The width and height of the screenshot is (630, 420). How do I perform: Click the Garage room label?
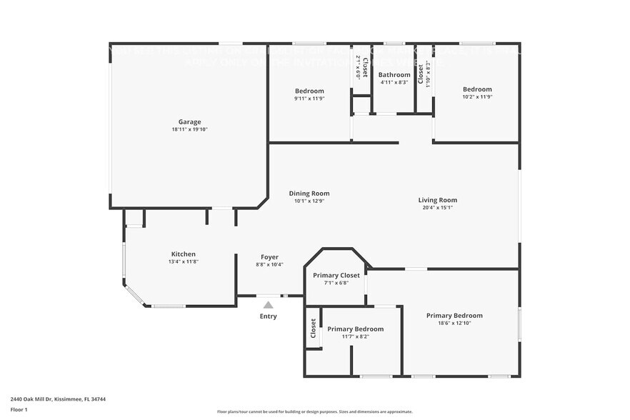point(189,122)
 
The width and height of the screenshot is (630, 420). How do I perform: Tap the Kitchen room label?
point(183,254)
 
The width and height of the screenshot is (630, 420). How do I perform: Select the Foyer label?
point(269,257)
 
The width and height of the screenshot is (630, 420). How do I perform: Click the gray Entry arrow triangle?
point(269,305)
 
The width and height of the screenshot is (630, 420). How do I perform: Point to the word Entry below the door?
point(269,316)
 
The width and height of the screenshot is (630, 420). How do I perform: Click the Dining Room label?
point(309,193)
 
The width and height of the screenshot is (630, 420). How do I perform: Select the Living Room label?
point(437,200)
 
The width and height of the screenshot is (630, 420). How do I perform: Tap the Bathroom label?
point(394,75)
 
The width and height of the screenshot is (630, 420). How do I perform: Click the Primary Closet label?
point(336,275)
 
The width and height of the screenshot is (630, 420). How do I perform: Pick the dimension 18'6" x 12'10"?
point(454,323)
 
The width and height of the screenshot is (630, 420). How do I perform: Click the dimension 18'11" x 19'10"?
point(189,130)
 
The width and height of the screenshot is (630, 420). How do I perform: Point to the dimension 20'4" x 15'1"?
point(437,208)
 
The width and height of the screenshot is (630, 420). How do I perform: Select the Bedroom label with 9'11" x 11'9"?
point(309,91)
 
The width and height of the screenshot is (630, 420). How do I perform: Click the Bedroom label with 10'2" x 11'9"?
point(477,89)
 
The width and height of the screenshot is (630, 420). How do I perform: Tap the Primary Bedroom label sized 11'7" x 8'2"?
point(355,329)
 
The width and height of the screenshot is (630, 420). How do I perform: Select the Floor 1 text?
point(19,409)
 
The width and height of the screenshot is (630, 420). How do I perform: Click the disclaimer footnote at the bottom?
point(314,411)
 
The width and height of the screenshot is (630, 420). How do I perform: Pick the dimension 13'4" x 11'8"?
point(183,262)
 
